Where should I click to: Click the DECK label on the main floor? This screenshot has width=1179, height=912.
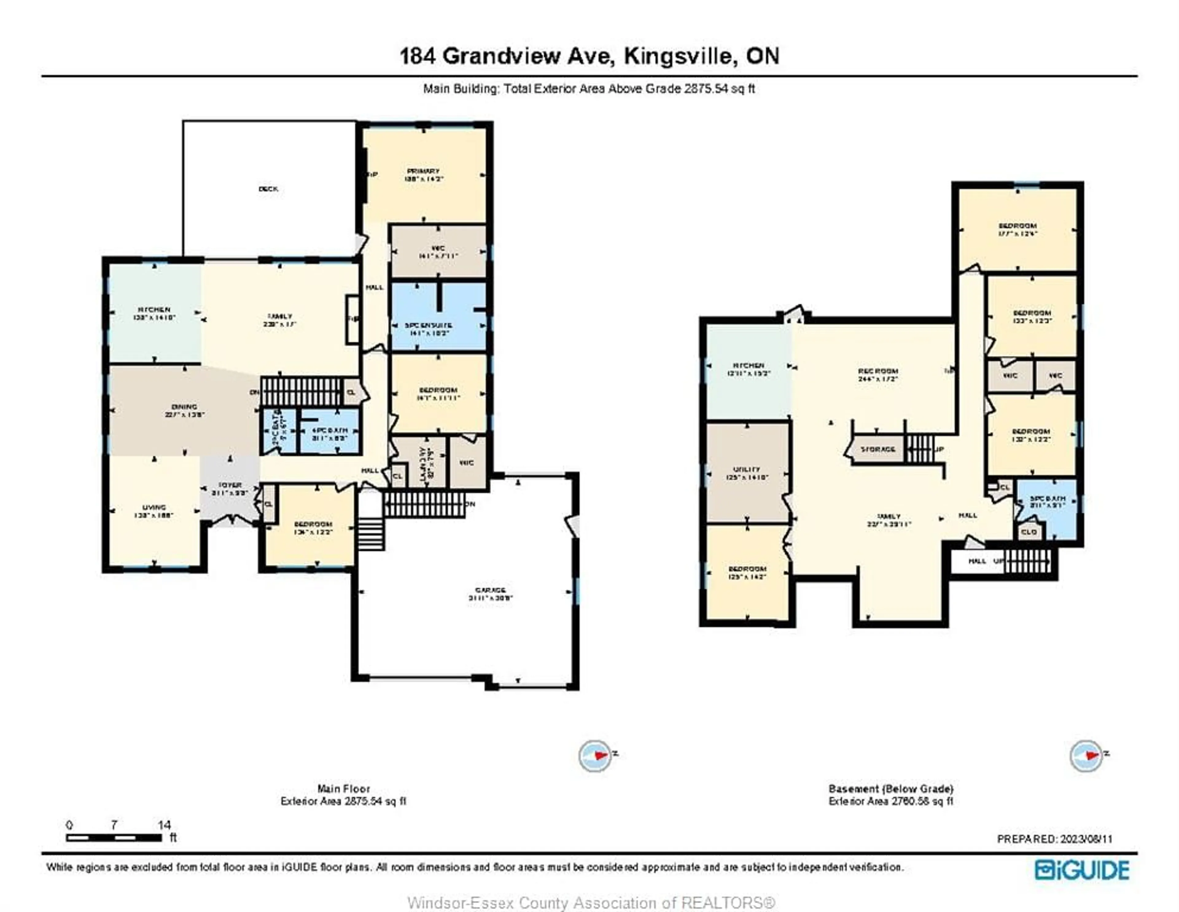pos(268,189)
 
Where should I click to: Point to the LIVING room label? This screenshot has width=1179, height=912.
pos(154,508)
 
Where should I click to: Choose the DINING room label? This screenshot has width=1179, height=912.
pos(184,407)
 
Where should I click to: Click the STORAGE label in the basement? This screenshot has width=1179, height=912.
pos(878,449)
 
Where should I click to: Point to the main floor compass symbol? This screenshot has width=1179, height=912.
pos(595,755)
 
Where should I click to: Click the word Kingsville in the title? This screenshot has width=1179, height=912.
pos(680,56)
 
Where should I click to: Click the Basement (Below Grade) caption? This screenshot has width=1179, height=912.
pos(891,789)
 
